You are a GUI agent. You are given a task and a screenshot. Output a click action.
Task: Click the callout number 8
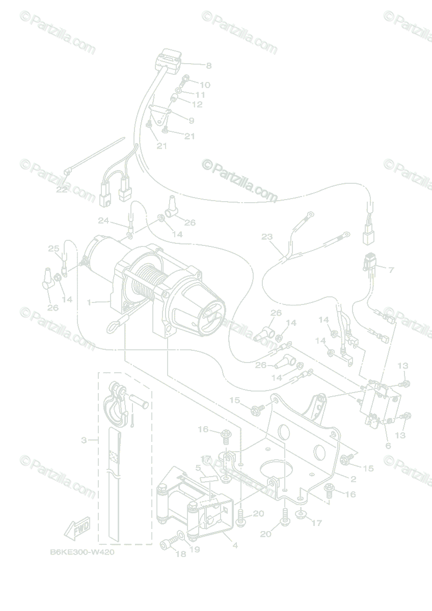coord(208,65)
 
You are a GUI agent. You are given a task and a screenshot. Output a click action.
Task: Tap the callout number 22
coord(62,189)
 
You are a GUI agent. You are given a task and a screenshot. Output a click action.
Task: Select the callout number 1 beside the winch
coord(89,302)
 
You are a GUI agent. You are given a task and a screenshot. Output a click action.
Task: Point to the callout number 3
coord(84,439)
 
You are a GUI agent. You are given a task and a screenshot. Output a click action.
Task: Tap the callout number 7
coord(391,270)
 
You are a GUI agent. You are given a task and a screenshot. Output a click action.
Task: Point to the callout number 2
coord(353,479)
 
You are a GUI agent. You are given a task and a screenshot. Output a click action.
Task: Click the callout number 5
coord(197,467)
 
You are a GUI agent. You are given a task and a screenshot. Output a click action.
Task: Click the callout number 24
coord(103,220)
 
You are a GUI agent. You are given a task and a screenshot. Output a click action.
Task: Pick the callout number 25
coord(53,248)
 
